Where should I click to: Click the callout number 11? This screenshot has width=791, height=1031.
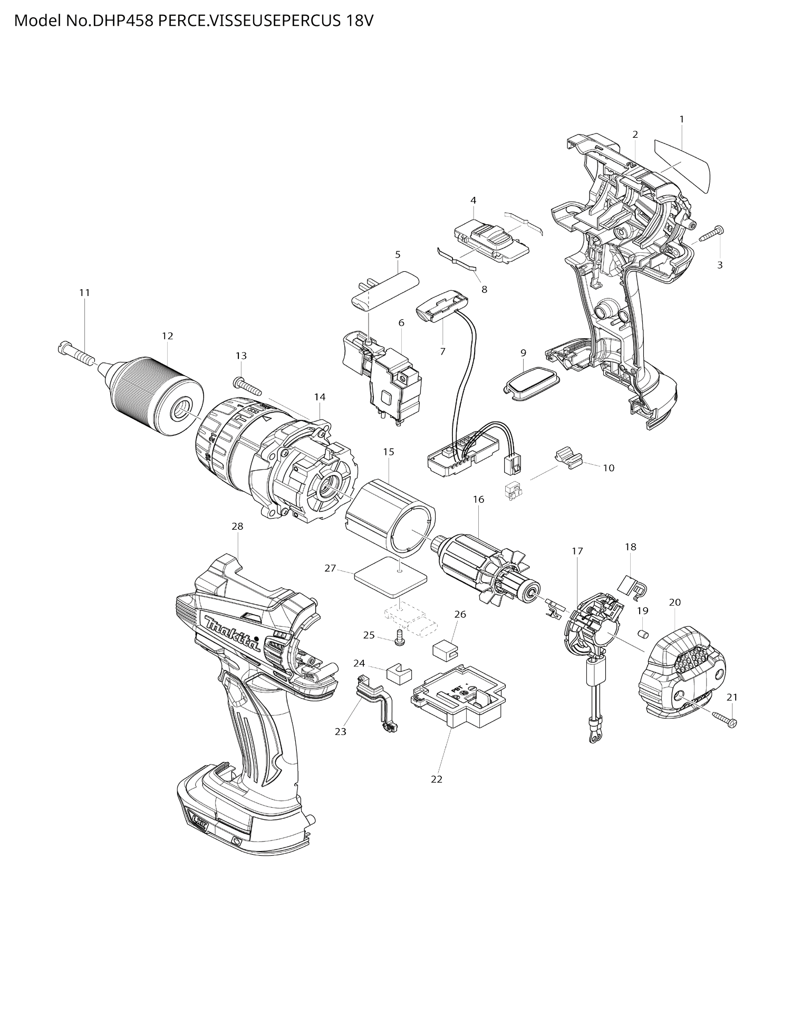84,293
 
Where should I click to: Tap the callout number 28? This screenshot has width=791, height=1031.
237,526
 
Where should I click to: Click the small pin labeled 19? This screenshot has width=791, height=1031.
643,633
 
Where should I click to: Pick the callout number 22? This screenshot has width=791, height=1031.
437,779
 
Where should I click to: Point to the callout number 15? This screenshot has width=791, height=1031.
389,452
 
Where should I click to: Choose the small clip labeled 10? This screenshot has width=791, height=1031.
566,456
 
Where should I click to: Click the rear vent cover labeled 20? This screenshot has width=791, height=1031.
680,670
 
